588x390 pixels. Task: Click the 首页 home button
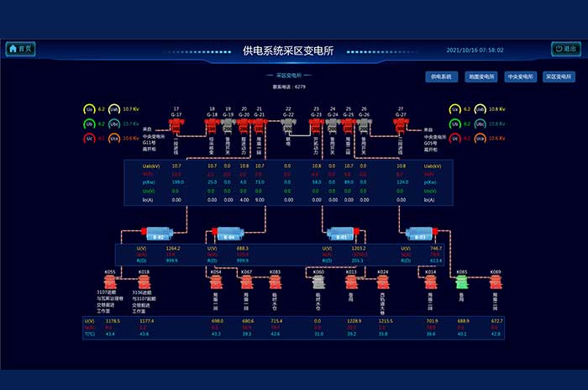point(21,49)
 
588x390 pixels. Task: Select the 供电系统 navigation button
point(441,76)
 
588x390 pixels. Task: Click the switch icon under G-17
point(176,125)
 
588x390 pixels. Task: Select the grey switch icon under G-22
point(288,125)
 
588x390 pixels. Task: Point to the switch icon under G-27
point(401,125)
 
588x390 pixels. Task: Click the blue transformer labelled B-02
point(158,233)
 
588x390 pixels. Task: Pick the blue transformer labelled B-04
point(228,233)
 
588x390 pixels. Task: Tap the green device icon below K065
point(461,284)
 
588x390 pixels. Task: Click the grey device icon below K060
point(318,284)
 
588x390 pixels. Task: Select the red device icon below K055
point(110,284)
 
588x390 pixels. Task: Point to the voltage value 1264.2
point(172,249)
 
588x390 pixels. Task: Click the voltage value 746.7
point(436,249)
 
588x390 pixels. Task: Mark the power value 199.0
point(177,182)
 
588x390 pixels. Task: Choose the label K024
point(383,272)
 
